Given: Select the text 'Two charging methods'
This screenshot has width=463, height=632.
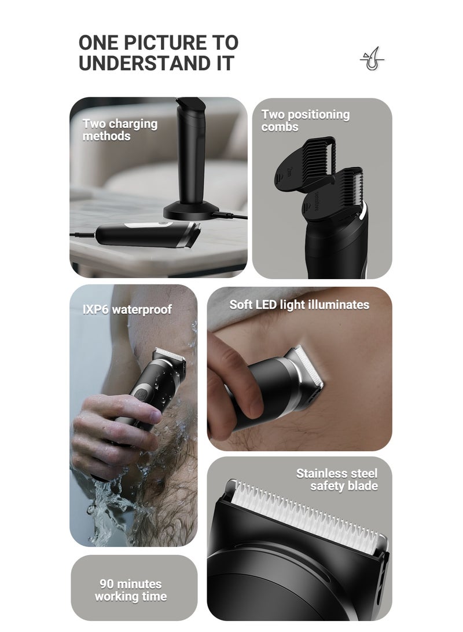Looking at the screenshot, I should (119, 130).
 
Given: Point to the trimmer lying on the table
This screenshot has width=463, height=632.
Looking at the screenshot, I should (145, 233).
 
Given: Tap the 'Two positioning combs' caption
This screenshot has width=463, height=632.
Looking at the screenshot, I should (305, 120).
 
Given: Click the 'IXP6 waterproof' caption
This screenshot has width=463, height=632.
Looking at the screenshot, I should (127, 309).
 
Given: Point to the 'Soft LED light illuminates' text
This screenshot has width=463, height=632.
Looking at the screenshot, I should (299, 305).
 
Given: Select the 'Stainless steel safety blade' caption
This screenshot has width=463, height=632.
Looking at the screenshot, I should (337, 480).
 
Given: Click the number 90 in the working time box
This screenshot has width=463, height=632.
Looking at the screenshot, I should (108, 584).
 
